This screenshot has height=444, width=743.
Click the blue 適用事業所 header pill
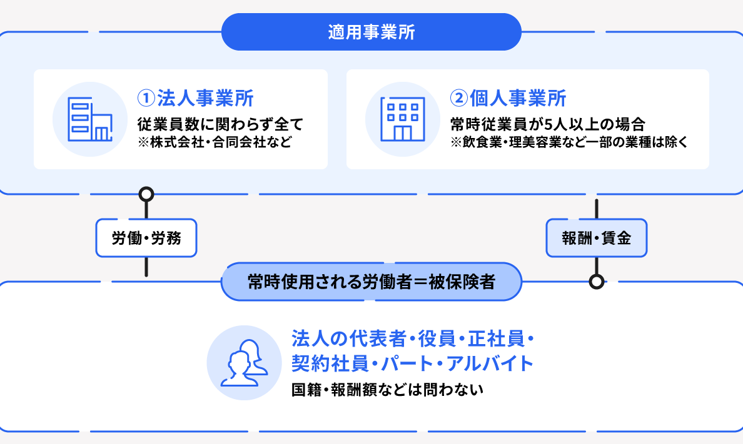[x=371, y=32]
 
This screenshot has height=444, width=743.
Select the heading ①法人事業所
[x=195, y=99]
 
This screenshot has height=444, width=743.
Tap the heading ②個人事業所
[x=508, y=99]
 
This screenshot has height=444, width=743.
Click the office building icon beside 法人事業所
[x=90, y=119]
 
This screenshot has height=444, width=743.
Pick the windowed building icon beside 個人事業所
[x=403, y=119]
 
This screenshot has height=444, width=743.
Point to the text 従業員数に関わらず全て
[x=220, y=124]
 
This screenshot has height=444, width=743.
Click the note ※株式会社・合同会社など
[x=215, y=142]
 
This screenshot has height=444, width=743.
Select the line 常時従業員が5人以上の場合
[x=548, y=124]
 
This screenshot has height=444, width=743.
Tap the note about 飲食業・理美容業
[x=569, y=142]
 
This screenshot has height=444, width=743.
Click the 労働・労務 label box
[x=146, y=238]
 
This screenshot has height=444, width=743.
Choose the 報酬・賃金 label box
[x=597, y=238]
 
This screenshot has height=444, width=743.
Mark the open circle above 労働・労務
[x=146, y=194]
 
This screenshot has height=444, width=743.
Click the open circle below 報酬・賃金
[x=597, y=282]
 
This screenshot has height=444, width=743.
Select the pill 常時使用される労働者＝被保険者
[x=371, y=282]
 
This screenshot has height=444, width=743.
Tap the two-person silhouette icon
[x=245, y=363]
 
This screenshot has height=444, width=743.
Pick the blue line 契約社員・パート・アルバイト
[x=413, y=363]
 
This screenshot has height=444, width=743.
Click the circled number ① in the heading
[x=146, y=99]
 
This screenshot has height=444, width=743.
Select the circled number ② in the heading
[x=459, y=99]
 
